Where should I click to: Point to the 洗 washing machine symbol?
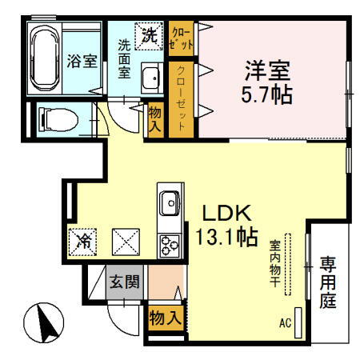click(x=149, y=34)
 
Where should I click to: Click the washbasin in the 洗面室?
click(x=151, y=78)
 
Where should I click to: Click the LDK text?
click(x=226, y=214)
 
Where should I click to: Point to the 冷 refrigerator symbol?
click(x=82, y=239)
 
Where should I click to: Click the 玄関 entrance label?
click(x=124, y=282)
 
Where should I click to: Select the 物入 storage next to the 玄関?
click(x=164, y=318)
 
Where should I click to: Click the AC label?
click(x=283, y=324)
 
